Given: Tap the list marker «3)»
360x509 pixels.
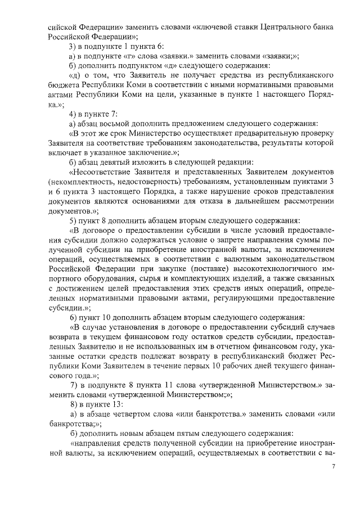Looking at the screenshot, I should coord(71,46).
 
